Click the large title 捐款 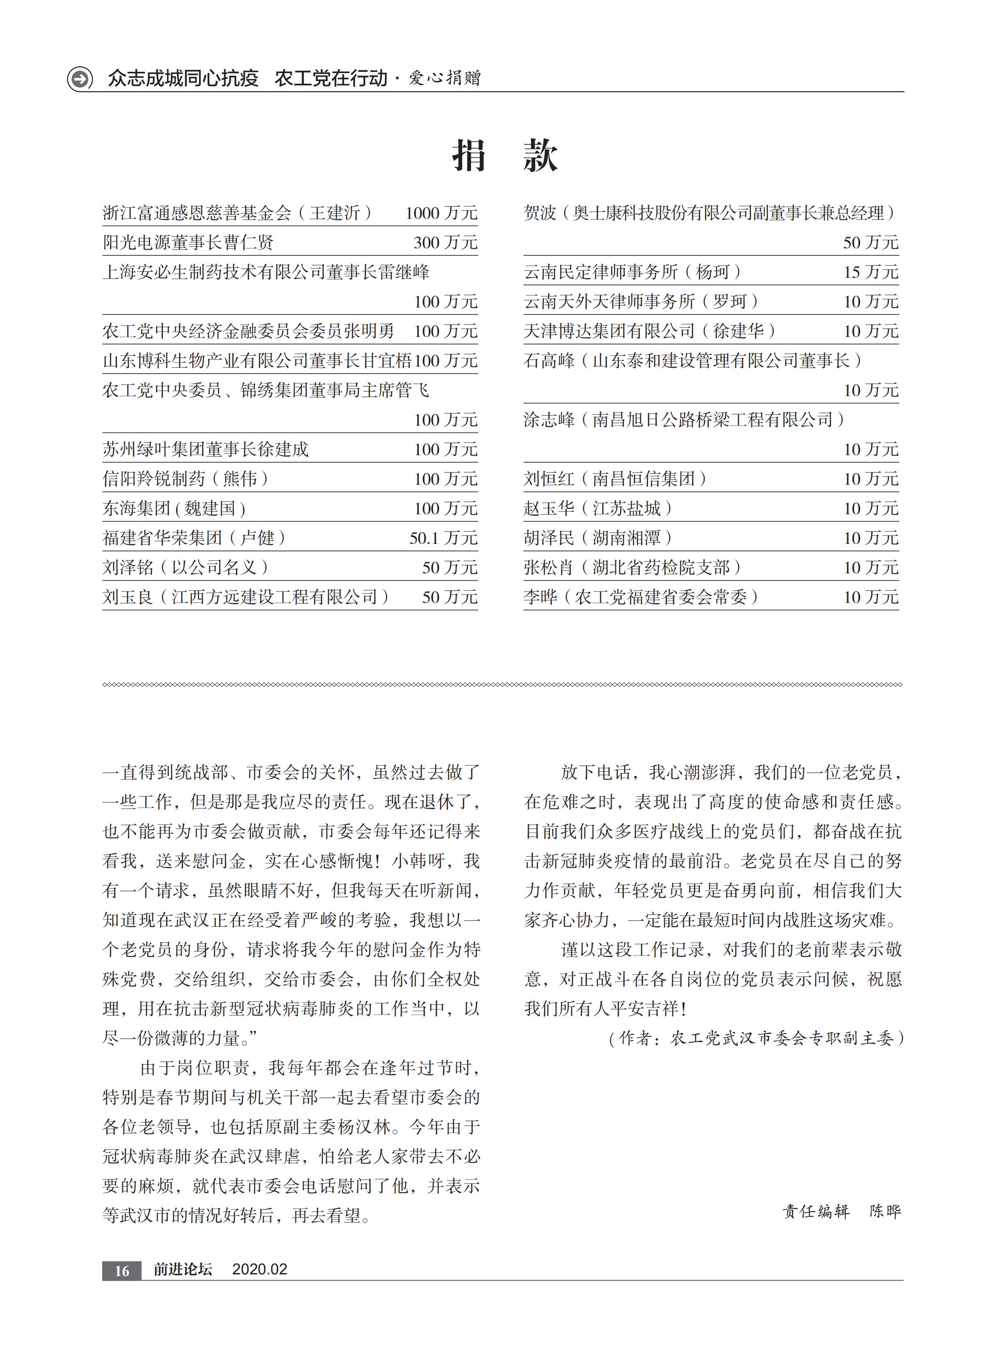pos(504,155)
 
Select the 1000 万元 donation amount pos(441,213)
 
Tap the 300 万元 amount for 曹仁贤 pos(445,243)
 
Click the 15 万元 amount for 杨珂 pos(870,272)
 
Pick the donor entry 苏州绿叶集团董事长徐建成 pos(206,449)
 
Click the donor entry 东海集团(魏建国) pos(174,509)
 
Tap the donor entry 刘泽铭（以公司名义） pos(185,568)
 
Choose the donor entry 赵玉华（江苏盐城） pos(598,509)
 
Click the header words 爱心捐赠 pos(445,78)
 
